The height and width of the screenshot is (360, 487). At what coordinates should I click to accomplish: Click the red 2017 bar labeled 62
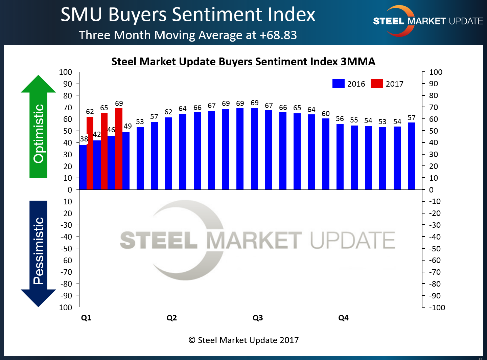[x=90, y=153]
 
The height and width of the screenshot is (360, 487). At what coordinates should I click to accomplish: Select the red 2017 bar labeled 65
[x=104, y=151]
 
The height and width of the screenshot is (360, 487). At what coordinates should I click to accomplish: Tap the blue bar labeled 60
[x=326, y=154]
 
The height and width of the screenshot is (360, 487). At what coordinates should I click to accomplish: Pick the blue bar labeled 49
[x=126, y=161]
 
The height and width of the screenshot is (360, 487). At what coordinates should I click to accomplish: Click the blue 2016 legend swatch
[x=338, y=84]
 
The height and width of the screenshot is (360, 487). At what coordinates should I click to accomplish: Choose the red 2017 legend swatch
[x=377, y=84]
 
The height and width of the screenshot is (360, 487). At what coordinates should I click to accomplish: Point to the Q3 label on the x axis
[x=258, y=318]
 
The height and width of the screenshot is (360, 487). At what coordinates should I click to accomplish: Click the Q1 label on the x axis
[x=86, y=318]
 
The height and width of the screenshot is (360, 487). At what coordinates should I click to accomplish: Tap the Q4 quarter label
[x=343, y=318]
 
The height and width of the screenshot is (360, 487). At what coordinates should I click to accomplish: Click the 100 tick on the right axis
[x=436, y=72]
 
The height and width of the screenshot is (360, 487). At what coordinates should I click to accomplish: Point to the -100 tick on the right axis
[x=437, y=308]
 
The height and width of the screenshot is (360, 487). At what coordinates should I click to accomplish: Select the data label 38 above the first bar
[x=84, y=139]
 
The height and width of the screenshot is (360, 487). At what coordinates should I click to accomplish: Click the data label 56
[x=340, y=119]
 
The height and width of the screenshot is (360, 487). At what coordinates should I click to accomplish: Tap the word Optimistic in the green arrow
[x=39, y=133]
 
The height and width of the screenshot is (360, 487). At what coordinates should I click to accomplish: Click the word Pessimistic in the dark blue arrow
[x=39, y=251]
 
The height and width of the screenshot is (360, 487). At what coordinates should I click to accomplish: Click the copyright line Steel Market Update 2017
[x=243, y=340]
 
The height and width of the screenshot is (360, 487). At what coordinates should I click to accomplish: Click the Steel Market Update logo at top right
[x=427, y=21]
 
